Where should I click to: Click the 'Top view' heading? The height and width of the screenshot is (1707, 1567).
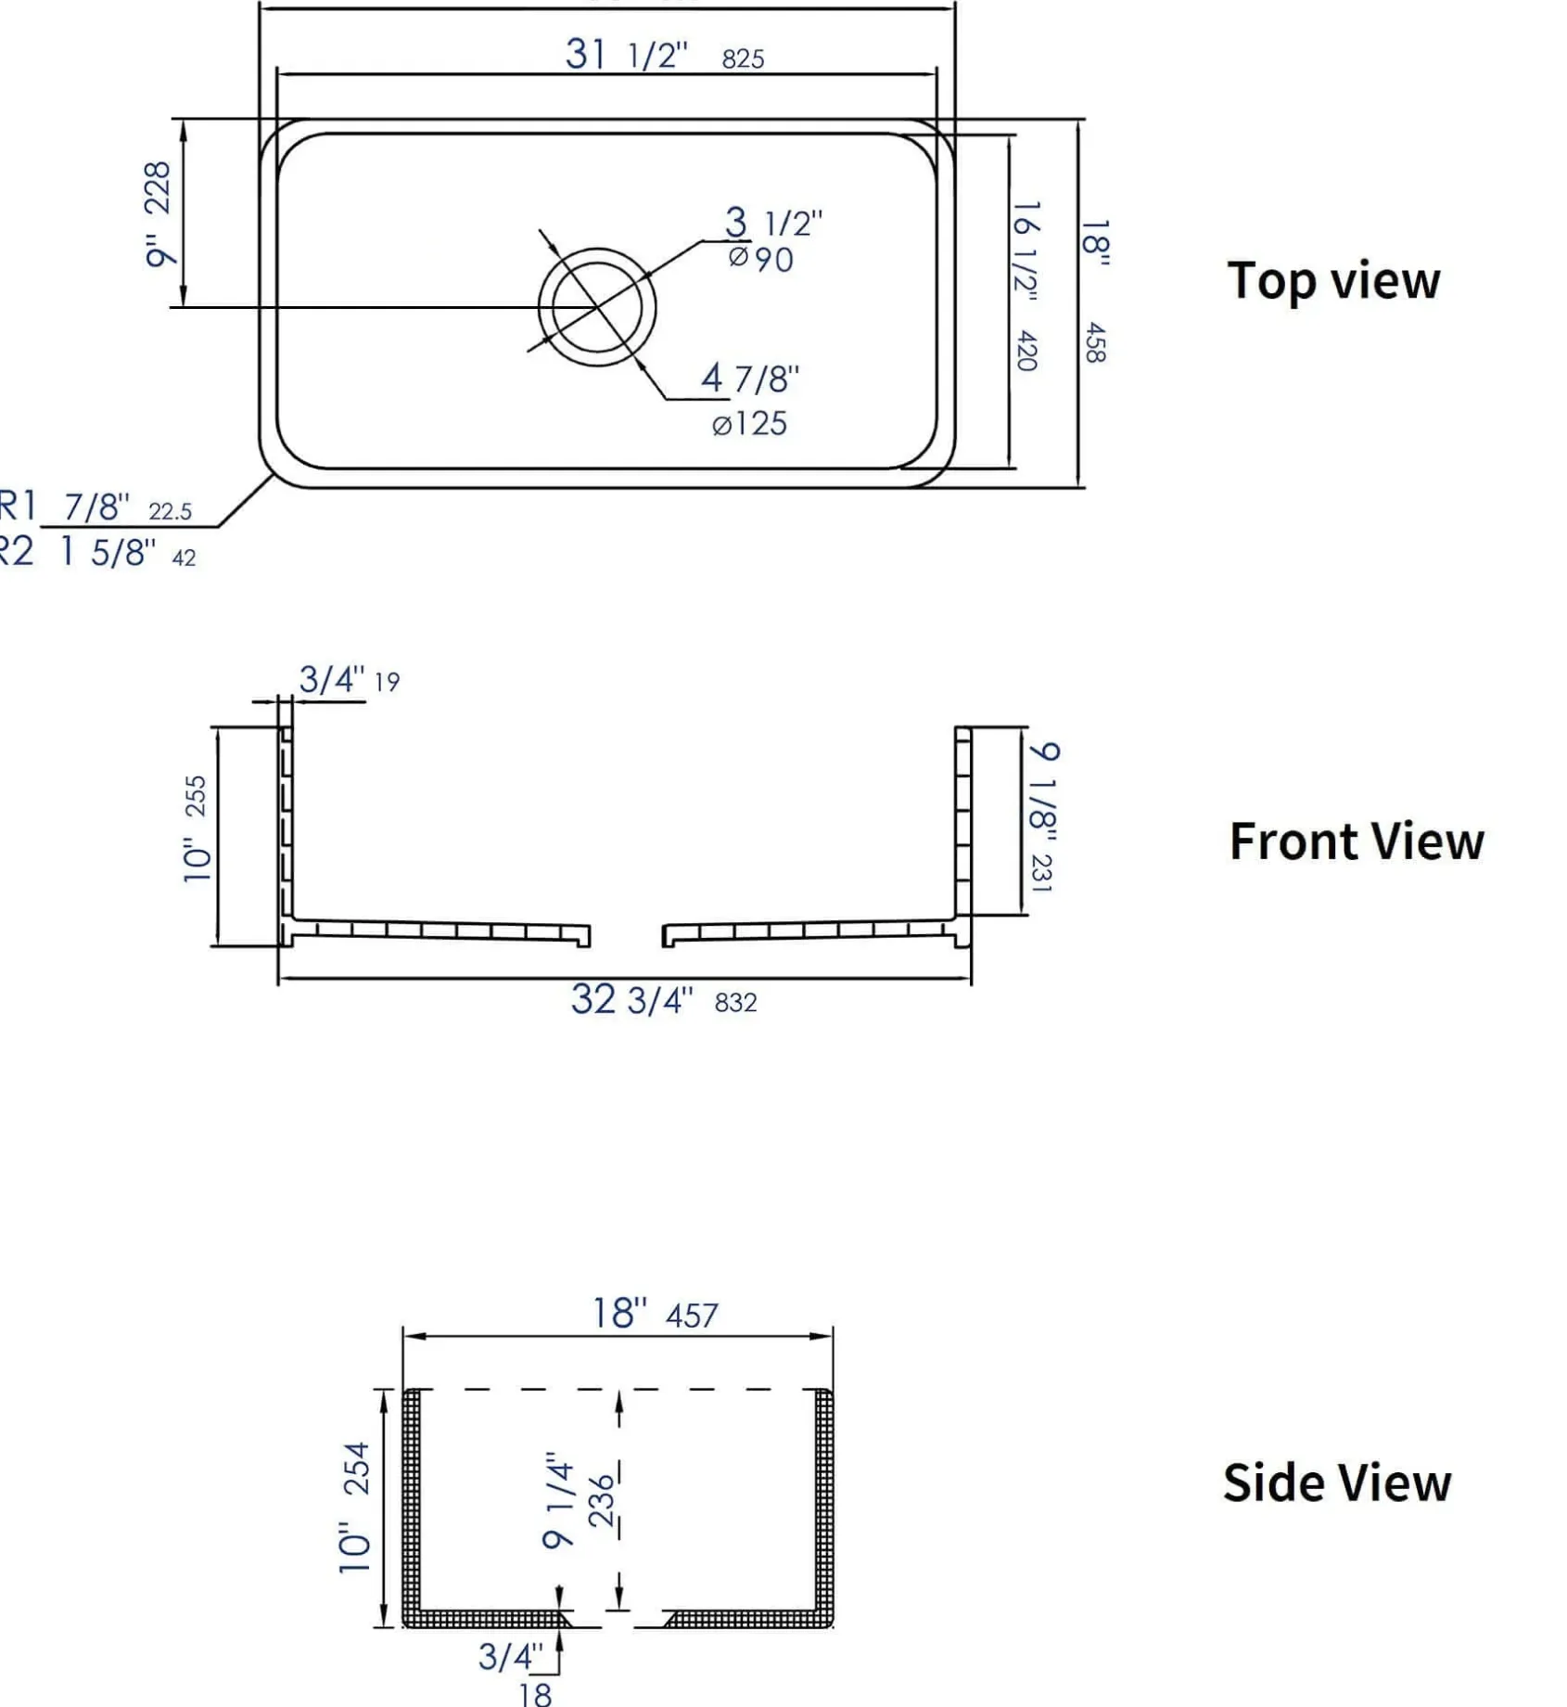coord(1333,282)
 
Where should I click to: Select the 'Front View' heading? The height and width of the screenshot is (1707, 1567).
coord(1357,841)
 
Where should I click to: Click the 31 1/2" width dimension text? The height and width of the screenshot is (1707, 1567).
coord(627,55)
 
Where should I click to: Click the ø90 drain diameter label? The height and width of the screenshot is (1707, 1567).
coord(761,259)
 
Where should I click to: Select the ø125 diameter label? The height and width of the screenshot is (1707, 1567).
coord(749,424)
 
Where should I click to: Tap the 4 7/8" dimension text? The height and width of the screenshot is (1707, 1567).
coord(750,379)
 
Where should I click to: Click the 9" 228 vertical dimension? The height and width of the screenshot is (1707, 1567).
coord(158,214)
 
